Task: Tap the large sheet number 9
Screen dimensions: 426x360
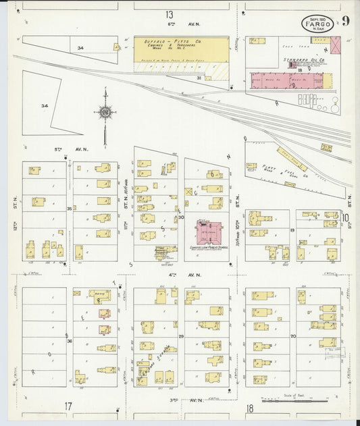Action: pos(345,20)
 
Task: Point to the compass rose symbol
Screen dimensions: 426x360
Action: pos(105,112)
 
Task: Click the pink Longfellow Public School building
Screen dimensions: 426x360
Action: pos(206,230)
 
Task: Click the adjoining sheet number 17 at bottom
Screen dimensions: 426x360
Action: pos(68,406)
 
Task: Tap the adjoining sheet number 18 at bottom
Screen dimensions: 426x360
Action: pos(249,408)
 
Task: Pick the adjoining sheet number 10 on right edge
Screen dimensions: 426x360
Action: pos(345,217)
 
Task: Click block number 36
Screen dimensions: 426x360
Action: pos(70,341)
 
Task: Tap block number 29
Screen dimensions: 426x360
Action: pos(181,336)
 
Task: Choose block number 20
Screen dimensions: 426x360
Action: pos(292,336)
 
